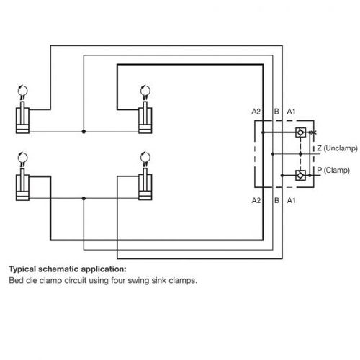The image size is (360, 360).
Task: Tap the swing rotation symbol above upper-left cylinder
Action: pyautogui.click(x=22, y=91)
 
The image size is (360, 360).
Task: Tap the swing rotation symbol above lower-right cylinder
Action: pyautogui.click(x=145, y=158)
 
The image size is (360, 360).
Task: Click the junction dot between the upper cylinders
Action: pyautogui.click(x=84, y=132)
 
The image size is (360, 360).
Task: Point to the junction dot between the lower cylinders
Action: pyautogui.click(x=84, y=199)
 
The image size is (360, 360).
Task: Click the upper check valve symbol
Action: pyautogui.click(x=300, y=132)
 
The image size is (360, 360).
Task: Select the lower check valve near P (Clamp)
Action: pyautogui.click(x=300, y=175)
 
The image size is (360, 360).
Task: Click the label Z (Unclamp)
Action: pyautogui.click(x=337, y=148)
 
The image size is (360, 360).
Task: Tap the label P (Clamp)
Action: pyautogui.click(x=333, y=171)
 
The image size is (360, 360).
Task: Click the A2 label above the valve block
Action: pyautogui.click(x=256, y=112)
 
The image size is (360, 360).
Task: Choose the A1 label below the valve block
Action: pyautogui.click(x=292, y=200)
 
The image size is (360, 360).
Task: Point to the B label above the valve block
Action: pyautogui.click(x=276, y=112)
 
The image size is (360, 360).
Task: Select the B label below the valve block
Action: pyautogui.click(x=276, y=200)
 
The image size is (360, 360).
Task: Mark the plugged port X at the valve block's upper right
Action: pyautogui.click(x=312, y=132)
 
